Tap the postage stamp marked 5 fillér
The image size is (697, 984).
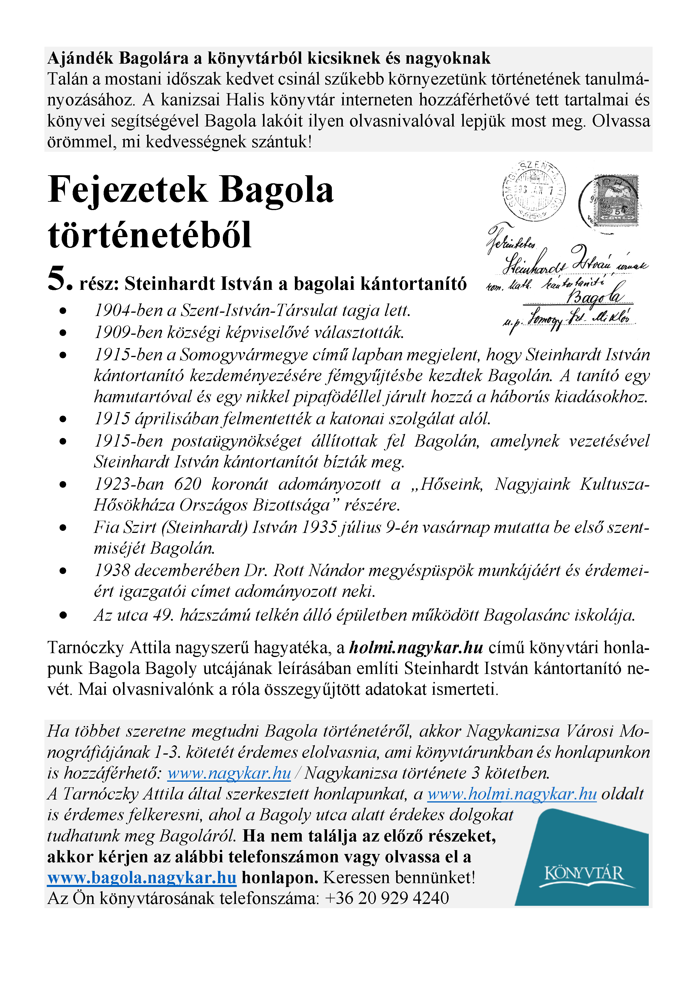pyautogui.click(x=616, y=201)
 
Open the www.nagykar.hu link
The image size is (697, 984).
pyautogui.click(x=229, y=773)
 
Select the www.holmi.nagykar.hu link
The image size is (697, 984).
pyautogui.click(x=512, y=794)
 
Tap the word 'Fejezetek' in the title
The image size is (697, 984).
pyautogui.click(x=127, y=190)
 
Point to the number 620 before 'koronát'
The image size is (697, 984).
pyautogui.click(x=188, y=484)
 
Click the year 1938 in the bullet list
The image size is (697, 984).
pyautogui.click(x=112, y=571)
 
